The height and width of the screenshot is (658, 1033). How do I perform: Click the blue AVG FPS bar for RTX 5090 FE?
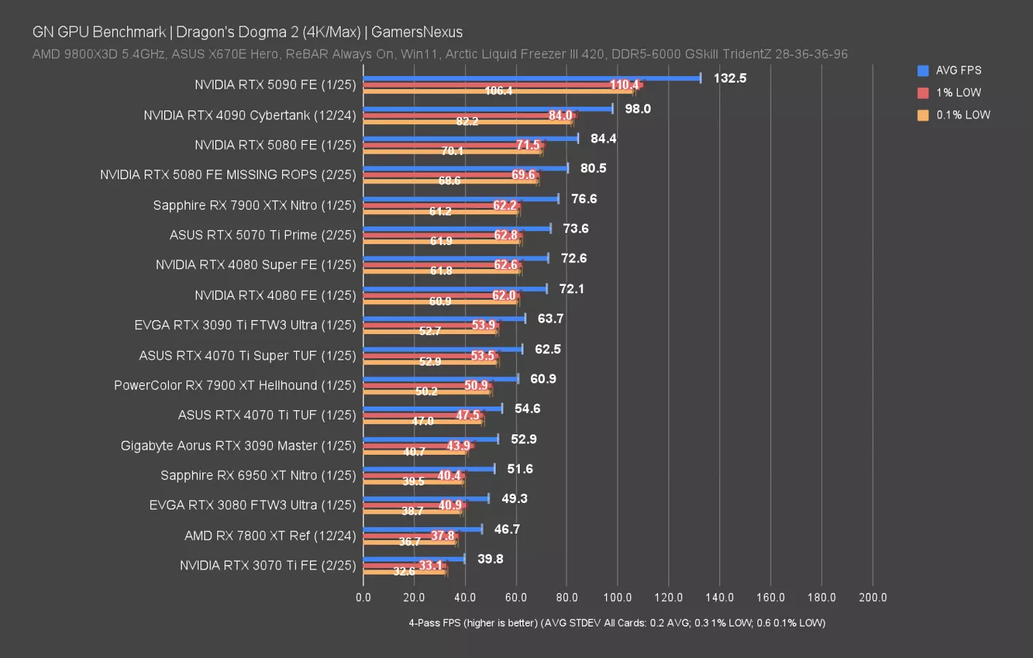click(531, 78)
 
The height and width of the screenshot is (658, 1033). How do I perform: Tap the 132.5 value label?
click(730, 78)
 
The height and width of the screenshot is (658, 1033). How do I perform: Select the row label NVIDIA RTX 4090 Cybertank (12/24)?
click(249, 116)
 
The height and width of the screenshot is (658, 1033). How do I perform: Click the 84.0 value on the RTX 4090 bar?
click(560, 116)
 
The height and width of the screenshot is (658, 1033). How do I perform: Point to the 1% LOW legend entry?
click(958, 93)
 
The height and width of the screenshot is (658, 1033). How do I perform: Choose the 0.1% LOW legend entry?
click(962, 115)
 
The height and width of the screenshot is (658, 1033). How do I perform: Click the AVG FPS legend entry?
click(958, 70)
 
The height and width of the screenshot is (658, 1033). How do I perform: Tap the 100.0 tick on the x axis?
click(617, 597)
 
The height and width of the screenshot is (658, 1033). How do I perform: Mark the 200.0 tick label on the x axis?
click(872, 597)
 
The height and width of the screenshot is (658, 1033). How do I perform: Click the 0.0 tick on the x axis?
click(363, 597)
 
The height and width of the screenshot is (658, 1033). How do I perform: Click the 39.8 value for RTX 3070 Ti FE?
click(490, 559)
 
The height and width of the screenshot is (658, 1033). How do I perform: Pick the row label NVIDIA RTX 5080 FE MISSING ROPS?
click(228, 175)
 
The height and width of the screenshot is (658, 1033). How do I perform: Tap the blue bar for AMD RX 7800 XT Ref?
click(423, 529)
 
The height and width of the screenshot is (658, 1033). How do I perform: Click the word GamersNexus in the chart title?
click(417, 32)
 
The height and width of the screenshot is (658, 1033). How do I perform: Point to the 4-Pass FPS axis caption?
click(617, 623)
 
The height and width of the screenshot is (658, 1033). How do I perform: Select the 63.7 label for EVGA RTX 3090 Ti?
click(550, 319)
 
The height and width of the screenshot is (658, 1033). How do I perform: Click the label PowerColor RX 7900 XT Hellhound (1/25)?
click(235, 385)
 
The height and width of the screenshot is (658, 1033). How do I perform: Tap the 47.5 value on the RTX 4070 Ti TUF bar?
click(468, 415)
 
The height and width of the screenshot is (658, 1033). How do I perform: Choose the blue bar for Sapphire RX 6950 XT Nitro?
click(428, 469)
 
